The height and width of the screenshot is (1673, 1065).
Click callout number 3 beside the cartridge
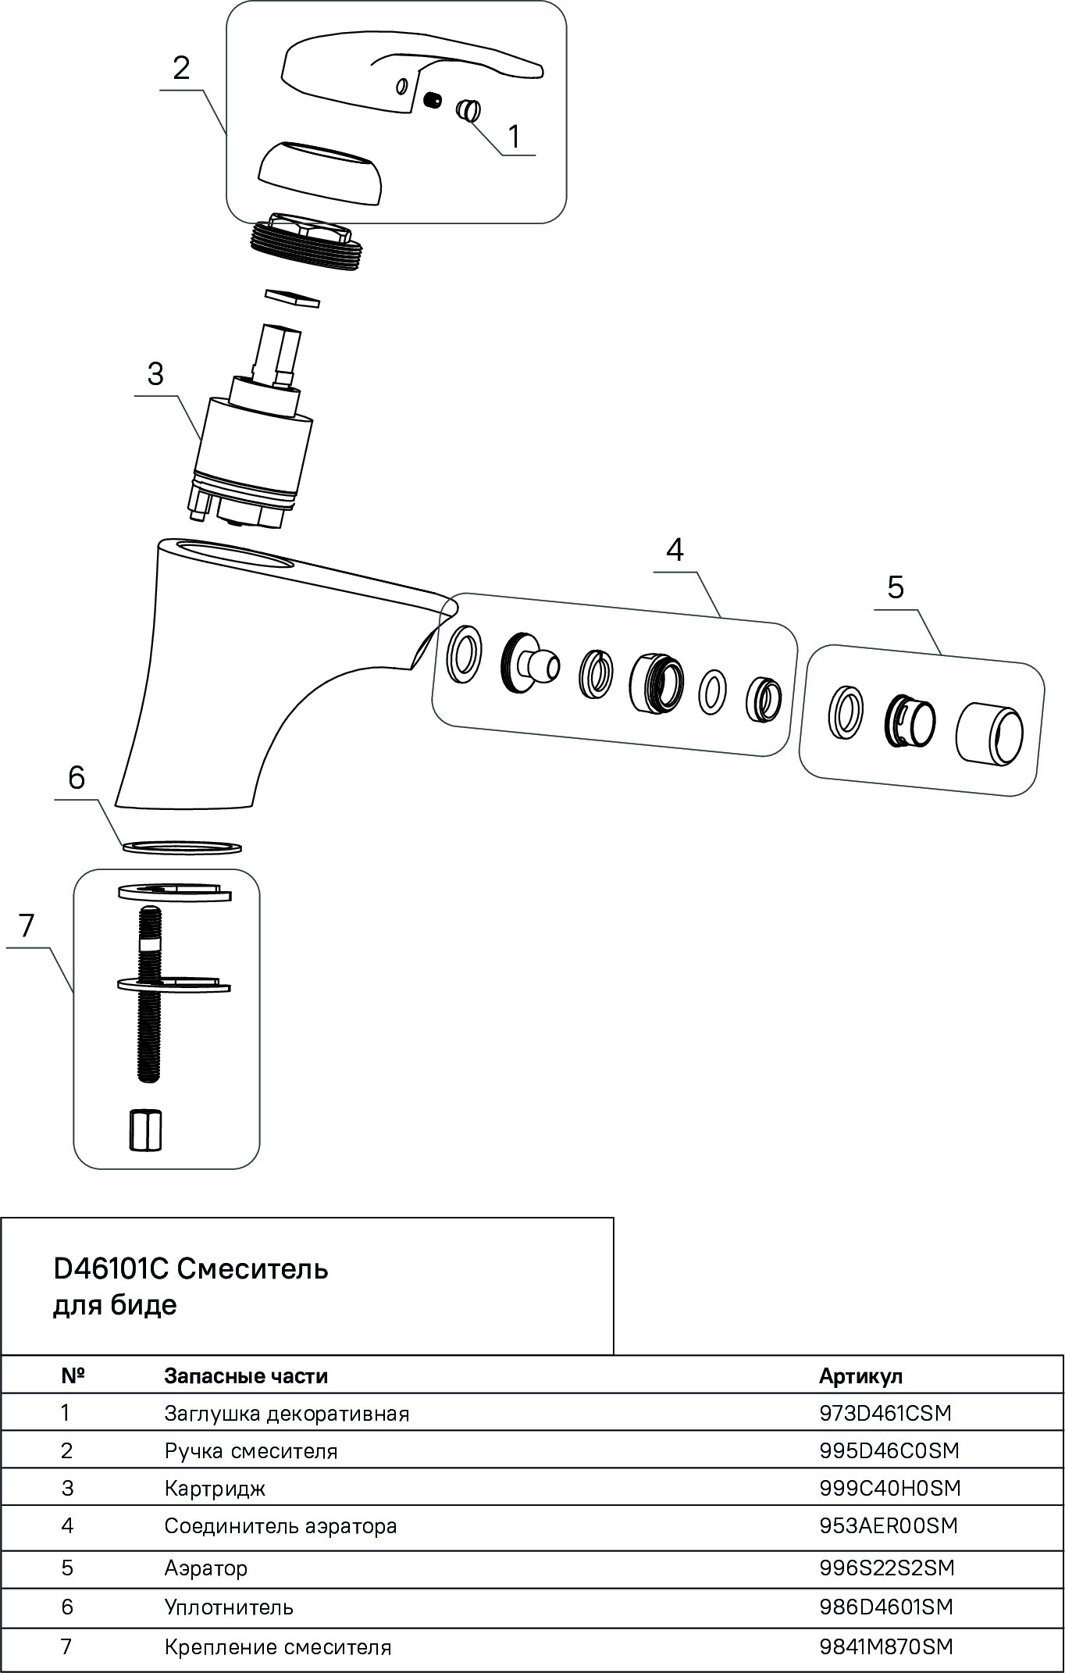[155, 374]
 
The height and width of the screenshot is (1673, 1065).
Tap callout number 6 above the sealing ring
[77, 778]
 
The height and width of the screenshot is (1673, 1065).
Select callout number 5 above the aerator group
[895, 587]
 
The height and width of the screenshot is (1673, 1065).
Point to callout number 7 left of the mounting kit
[27, 926]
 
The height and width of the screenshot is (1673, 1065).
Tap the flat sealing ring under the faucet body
[182, 847]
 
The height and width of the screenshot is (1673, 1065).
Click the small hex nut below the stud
[145, 1129]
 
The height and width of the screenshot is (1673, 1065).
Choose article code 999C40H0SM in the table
[889, 1488]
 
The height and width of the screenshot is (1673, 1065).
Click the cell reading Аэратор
[206, 1568]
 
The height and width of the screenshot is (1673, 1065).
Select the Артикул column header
[860, 1376]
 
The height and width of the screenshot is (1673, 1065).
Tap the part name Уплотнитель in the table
[229, 1607]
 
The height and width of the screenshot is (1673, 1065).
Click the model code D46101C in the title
[111, 1269]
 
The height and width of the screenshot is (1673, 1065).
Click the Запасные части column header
[246, 1376]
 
